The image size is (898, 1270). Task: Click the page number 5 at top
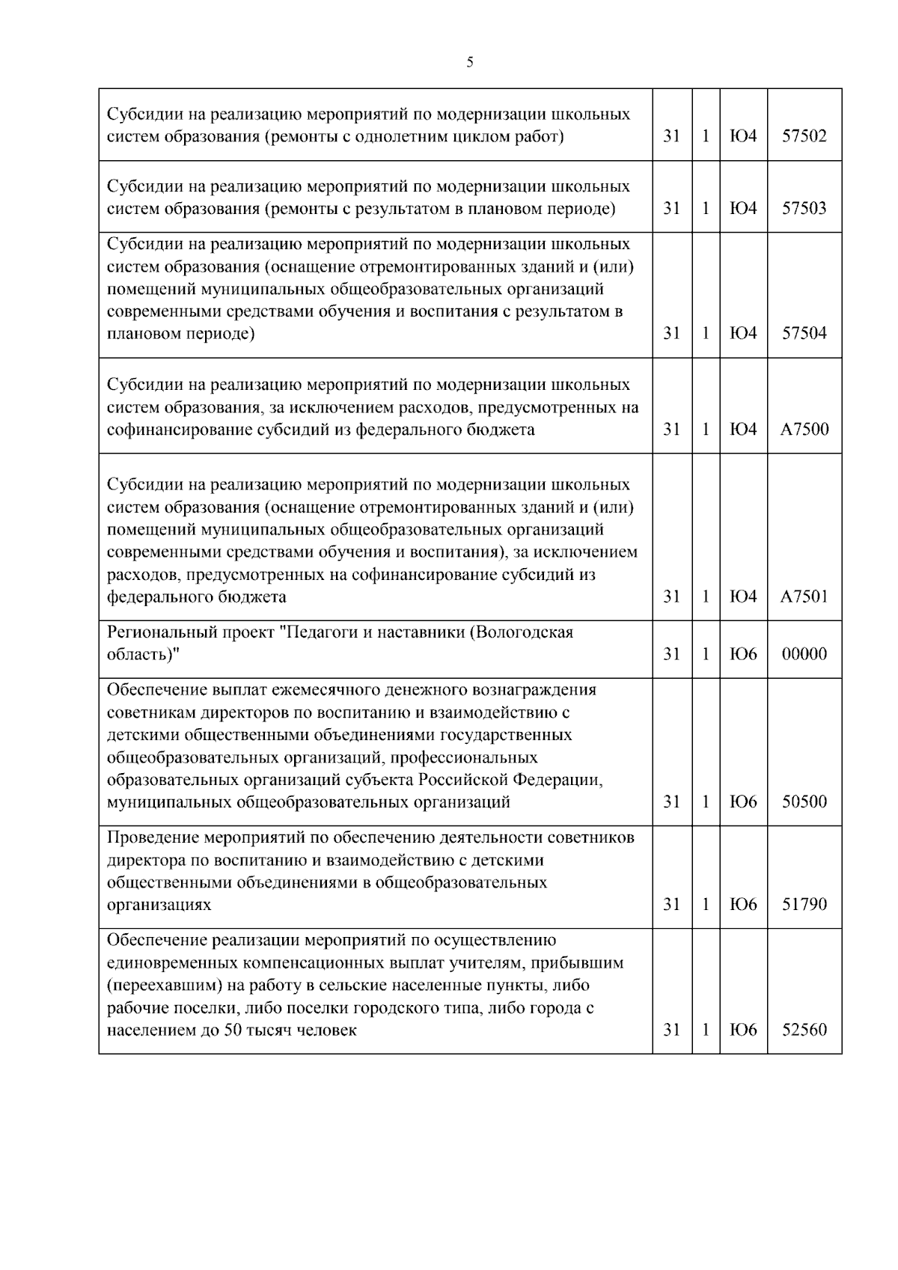click(469, 62)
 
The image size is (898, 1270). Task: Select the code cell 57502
click(804, 136)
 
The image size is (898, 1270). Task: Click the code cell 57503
click(804, 208)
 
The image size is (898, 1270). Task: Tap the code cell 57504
click(804, 334)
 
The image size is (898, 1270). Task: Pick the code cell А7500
click(804, 430)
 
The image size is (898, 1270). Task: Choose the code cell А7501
click(804, 596)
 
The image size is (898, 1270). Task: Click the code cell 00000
click(804, 654)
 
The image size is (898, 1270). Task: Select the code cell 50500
click(804, 802)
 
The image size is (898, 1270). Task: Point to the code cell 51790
click(804, 905)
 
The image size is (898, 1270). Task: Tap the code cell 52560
click(804, 1030)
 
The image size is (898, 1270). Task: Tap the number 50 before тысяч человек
click(232, 1031)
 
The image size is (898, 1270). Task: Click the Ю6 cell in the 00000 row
click(743, 654)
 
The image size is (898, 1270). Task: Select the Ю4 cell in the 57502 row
click(743, 136)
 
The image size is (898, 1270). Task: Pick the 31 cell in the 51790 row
click(672, 905)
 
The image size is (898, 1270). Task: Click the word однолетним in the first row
click(401, 137)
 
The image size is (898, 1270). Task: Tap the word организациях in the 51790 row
click(159, 905)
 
